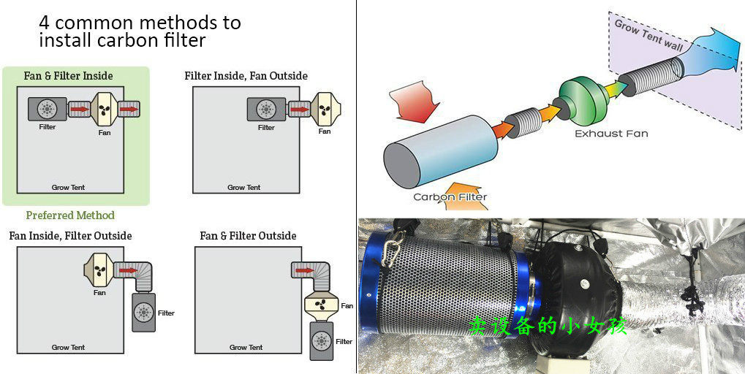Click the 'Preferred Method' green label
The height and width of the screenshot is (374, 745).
[x=70, y=215]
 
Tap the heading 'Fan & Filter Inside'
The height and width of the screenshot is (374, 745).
[x=69, y=76]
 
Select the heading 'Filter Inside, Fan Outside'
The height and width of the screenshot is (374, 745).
[x=246, y=76]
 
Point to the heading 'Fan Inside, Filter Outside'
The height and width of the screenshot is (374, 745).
[x=70, y=236]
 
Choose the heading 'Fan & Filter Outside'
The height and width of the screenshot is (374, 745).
[x=248, y=236]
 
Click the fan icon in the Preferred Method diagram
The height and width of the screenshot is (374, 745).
[x=104, y=110]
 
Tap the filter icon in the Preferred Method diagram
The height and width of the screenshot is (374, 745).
[x=48, y=110]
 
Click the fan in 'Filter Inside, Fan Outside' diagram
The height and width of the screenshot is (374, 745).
[x=324, y=110]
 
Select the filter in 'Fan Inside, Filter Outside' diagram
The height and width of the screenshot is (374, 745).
[x=143, y=313]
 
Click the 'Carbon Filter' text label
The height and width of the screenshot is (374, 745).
[x=450, y=196]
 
